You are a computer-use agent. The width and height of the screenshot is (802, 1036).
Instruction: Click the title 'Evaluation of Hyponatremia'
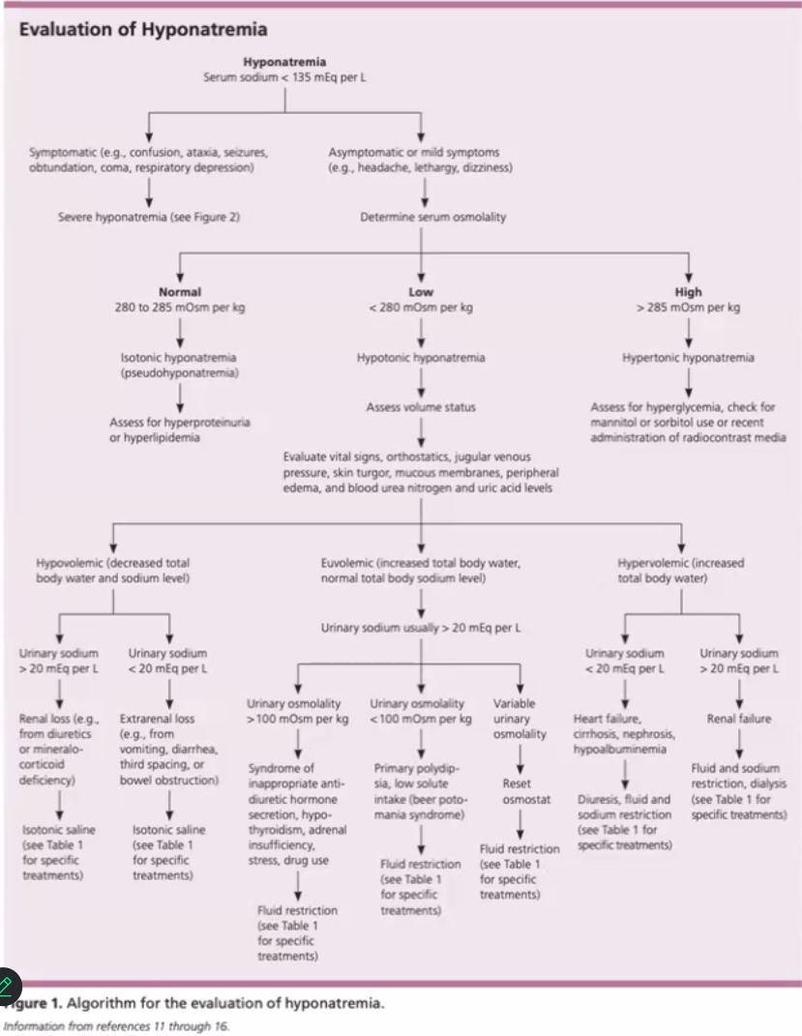[143, 30]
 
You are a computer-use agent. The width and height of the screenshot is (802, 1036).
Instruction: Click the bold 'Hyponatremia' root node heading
[284, 63]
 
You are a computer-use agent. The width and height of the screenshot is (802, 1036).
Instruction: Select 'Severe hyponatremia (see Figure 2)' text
[148, 217]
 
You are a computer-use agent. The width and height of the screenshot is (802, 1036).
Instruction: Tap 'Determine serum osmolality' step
[420, 217]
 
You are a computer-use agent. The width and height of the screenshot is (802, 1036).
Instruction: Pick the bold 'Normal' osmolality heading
[180, 292]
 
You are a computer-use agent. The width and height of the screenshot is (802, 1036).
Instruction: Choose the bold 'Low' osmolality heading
[421, 292]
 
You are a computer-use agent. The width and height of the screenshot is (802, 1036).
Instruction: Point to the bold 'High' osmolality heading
[689, 292]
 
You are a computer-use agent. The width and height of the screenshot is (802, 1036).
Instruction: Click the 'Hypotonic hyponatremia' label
[421, 357]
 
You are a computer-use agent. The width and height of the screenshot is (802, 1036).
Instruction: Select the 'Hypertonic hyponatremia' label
[688, 357]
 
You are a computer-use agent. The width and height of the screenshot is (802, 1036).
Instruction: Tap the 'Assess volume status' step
[421, 407]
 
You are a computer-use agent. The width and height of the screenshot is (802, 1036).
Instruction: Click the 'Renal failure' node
[740, 719]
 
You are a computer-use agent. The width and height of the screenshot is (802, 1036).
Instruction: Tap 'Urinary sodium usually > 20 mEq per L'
[421, 629]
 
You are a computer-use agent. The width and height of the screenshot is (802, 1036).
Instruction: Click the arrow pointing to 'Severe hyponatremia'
[148, 190]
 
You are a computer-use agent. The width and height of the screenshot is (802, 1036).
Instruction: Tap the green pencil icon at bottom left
[9, 986]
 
